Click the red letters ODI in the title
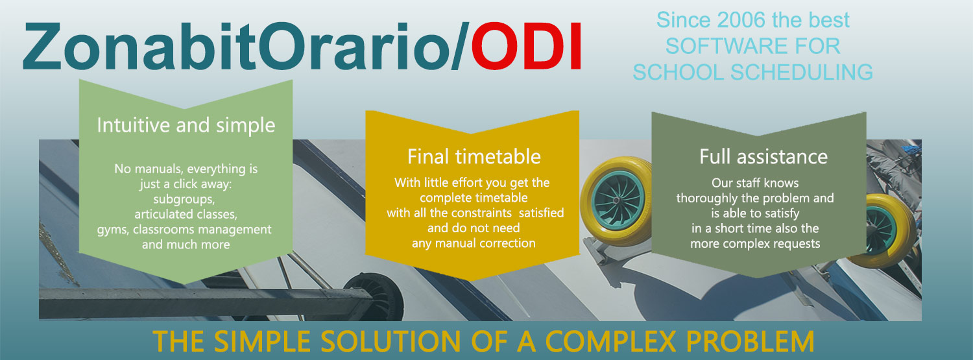(x=526, y=46)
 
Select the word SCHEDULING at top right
(x=801, y=72)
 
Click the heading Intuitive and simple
(x=186, y=125)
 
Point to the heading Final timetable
(x=474, y=157)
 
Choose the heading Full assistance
(x=763, y=157)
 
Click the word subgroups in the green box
(x=184, y=200)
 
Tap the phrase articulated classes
(x=186, y=215)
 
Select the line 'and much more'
(x=186, y=245)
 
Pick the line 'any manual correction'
(x=474, y=243)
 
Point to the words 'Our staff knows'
(x=755, y=183)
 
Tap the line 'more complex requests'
(x=755, y=244)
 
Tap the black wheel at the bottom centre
(x=373, y=295)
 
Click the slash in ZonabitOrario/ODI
(x=460, y=46)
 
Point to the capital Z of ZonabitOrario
(x=42, y=46)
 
